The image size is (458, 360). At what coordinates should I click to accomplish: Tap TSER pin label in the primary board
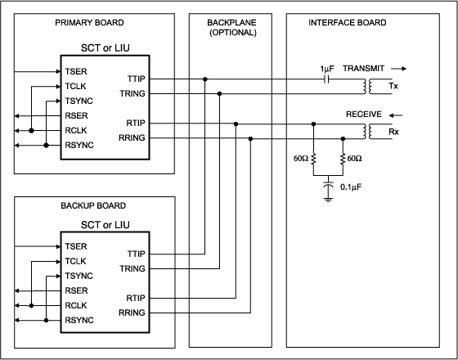pyautogui.click(x=75, y=71)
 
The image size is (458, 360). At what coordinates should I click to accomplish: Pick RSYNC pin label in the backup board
pyautogui.click(x=79, y=320)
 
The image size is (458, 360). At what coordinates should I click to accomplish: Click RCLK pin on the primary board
pyautogui.click(x=75, y=130)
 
